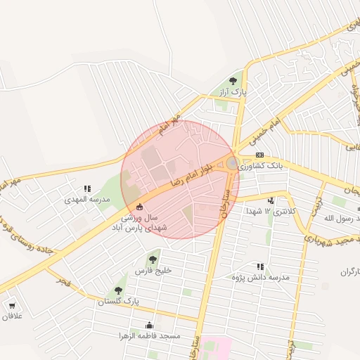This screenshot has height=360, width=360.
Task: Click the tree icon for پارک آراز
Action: click(233, 81)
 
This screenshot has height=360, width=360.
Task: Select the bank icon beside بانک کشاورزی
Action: click(259, 155)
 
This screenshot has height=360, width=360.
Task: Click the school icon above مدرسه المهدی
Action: click(87, 188)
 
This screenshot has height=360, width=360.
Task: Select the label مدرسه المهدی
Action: click(87, 200)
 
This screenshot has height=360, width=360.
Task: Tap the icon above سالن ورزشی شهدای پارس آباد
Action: click(139, 207)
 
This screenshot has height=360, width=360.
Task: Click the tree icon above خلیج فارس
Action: click(153, 259)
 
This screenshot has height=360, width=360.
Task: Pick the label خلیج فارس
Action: click(153, 270)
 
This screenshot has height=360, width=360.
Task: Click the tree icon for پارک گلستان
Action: click(117, 290)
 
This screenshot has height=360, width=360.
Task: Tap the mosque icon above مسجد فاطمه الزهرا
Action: click(149, 325)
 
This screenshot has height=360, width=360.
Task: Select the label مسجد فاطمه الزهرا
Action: click(150, 336)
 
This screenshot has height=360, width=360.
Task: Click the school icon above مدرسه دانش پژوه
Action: click(260, 267)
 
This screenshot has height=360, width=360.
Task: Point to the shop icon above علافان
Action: click(12, 305)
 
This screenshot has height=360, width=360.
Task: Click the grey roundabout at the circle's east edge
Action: click(233, 164)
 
